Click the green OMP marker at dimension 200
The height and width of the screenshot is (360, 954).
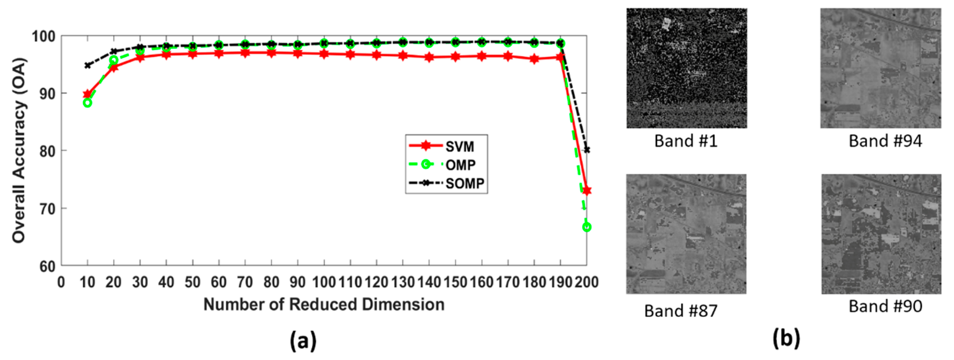click(x=586, y=227)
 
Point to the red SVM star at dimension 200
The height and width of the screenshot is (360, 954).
click(x=586, y=190)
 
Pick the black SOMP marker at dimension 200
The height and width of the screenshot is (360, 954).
click(x=586, y=150)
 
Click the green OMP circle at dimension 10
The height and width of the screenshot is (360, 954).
click(x=88, y=103)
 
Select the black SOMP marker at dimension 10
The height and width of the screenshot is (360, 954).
click(x=88, y=66)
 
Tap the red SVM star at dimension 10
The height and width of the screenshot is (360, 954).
click(x=88, y=94)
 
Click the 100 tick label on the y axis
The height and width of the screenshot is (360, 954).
click(x=43, y=37)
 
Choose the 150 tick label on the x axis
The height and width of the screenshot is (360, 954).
click(x=455, y=282)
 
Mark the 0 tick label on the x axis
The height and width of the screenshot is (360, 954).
click(x=61, y=282)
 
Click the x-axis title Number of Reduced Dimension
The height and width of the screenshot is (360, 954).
click(x=324, y=305)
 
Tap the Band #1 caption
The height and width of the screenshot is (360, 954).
click(x=686, y=141)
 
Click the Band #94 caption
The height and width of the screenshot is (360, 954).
click(x=885, y=141)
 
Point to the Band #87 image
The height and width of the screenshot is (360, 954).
click(x=686, y=234)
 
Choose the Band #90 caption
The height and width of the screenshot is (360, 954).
click(x=885, y=306)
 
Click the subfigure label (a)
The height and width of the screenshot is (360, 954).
click(x=303, y=340)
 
